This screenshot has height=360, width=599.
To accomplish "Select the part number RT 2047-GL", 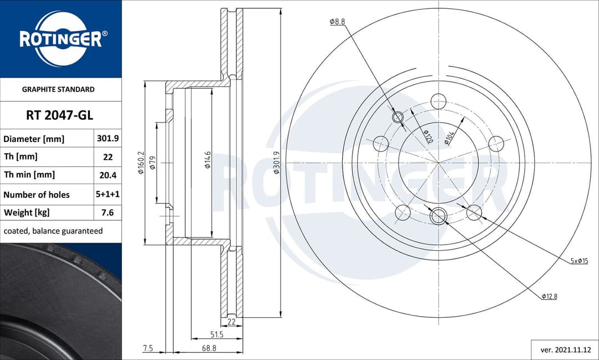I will point(59,115).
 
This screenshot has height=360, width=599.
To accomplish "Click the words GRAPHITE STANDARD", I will point(58,89).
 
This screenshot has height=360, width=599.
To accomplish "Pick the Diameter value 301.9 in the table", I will point(108,139).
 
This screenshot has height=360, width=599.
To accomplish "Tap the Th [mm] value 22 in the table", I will point(108,157).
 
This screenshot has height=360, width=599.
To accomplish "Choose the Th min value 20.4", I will point(108,175).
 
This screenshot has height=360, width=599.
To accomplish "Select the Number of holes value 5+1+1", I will point(108,195).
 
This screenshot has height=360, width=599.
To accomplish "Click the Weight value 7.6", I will point(108,212).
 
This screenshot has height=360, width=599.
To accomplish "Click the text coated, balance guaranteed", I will point(53,231).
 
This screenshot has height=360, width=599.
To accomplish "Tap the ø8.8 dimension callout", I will point(337,21).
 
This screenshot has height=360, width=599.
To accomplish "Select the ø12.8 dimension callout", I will point(549,296).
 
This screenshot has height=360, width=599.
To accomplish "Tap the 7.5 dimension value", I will point(148,348).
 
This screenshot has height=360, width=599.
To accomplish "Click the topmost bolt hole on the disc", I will point(438,102).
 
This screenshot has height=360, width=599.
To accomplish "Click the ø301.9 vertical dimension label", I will point(276,163).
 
